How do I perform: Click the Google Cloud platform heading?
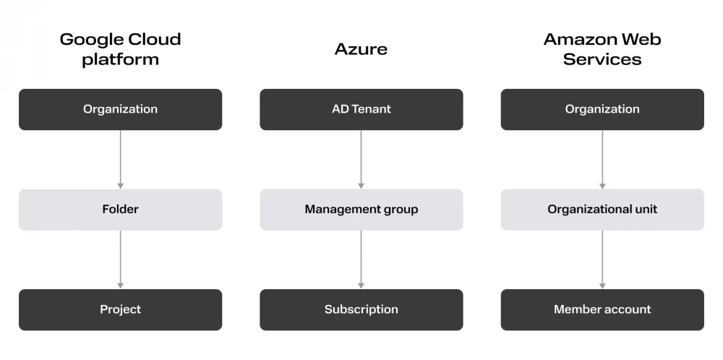120,49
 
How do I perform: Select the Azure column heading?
361,49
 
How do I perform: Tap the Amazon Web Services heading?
602,49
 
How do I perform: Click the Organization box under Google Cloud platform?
120,109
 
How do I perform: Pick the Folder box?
120,210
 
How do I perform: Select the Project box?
120,309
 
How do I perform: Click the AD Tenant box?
361,109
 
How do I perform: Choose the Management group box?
361,210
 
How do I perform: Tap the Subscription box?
361,309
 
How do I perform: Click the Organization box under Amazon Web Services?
602,109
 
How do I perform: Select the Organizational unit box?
602,210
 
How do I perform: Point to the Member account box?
602,309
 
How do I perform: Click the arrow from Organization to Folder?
120,160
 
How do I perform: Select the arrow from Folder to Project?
120,260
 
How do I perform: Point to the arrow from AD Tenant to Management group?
361,160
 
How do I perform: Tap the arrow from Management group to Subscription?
361,260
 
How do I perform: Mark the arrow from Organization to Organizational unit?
602,160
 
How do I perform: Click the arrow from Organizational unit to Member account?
602,260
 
